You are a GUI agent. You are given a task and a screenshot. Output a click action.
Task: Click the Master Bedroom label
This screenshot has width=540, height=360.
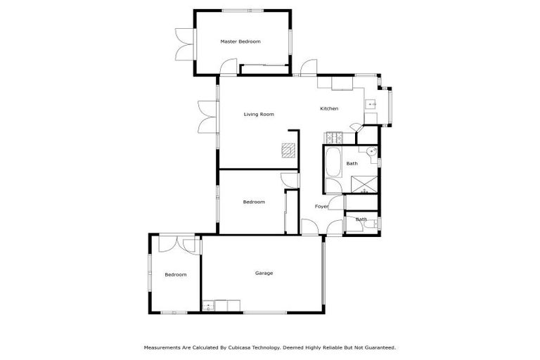coord(240,41)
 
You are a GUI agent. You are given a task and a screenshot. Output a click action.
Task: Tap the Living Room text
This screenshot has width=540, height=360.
coord(259,114)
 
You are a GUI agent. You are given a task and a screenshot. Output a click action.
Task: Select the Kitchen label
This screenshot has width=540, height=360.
coord(329,108)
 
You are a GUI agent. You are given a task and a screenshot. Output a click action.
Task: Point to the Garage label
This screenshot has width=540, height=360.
coord(264,273)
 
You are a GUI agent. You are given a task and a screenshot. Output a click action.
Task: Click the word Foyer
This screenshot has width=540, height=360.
coord(321,206)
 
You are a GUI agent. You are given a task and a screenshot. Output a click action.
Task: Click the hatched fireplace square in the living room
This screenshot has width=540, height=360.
coord(288,150)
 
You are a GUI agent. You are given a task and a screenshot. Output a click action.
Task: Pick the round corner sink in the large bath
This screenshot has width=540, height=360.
coord(371,151)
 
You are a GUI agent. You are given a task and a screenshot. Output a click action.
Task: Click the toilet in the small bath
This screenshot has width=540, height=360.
coord(375,224)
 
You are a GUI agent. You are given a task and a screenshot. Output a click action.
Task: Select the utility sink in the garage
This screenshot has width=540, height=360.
coord(208,305)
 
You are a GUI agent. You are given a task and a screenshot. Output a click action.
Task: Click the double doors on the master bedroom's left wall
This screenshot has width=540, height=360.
coord(185,46)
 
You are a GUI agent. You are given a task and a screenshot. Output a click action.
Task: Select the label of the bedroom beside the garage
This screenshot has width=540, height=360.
coord(176,274)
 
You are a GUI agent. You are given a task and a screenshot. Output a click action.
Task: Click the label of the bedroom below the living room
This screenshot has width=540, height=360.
coord(254,202)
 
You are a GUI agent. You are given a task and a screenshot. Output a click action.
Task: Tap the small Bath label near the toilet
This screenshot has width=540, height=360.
coord(361,219)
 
